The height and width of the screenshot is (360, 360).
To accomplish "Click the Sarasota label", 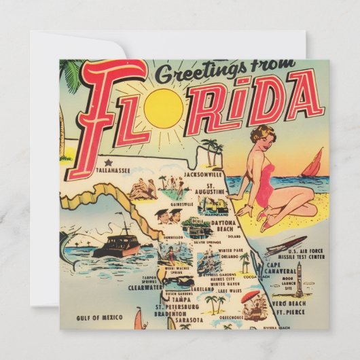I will (187, 319).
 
